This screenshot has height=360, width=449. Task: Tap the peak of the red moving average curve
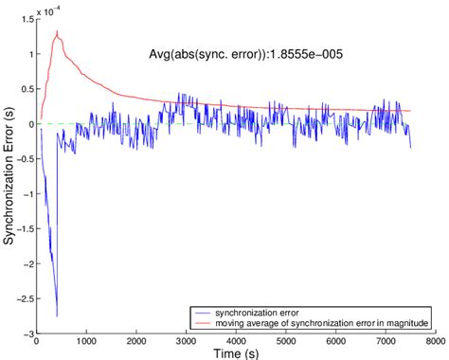pos(58,32)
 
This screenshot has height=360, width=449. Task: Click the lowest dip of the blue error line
pos(57,315)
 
